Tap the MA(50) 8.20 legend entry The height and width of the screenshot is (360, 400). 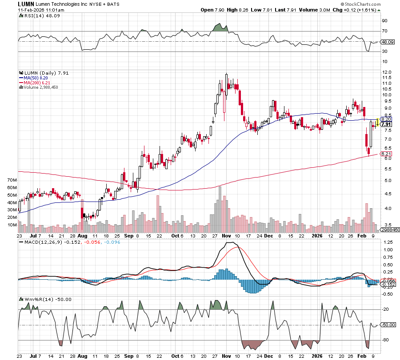click(x=37, y=78)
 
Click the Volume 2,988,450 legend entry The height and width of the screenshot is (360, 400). click(x=41, y=87)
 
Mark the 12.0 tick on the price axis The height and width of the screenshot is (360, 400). click(x=386, y=72)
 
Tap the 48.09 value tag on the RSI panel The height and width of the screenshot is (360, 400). click(x=388, y=42)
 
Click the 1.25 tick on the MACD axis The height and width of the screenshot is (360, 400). click(x=388, y=242)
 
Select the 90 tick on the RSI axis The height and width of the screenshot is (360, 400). click(x=385, y=20)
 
